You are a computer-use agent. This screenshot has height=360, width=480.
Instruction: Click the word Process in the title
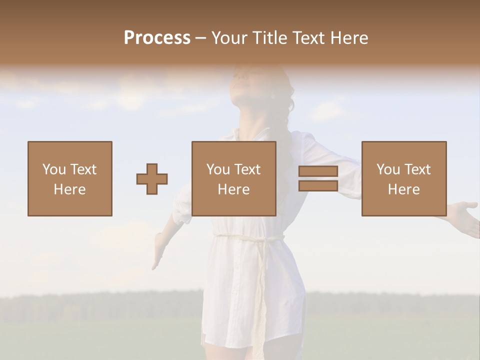point(157,38)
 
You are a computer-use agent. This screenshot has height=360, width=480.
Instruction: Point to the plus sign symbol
point(152,179)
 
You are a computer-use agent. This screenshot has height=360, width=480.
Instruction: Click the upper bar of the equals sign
point(318,171)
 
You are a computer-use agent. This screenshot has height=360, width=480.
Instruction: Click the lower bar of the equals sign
point(318,186)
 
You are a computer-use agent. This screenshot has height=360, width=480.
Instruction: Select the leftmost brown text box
point(70,178)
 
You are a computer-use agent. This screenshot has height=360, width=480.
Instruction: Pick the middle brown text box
point(234,178)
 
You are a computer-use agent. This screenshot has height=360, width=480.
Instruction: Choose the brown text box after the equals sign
point(404,178)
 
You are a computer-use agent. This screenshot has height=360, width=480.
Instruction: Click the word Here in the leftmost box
point(70,189)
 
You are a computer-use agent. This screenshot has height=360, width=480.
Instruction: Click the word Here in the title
point(349,38)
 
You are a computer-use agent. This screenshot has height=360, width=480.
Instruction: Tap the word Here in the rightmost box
point(404,189)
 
